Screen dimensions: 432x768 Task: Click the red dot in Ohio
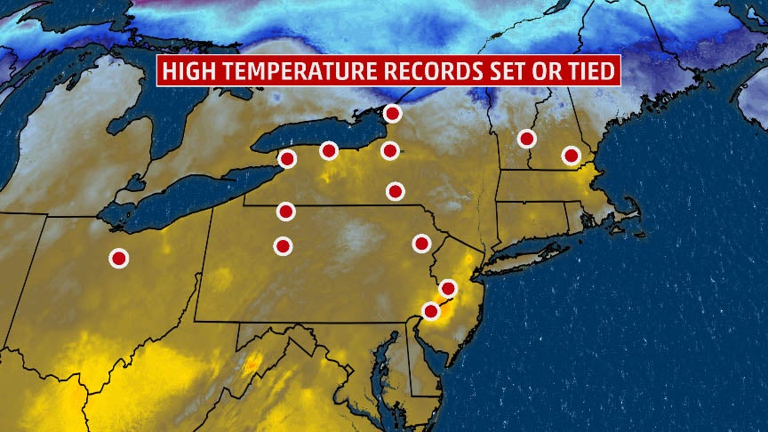(x=118, y=258)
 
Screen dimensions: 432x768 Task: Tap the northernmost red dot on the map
(x=392, y=113)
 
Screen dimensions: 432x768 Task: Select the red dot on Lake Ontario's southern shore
(x=329, y=151)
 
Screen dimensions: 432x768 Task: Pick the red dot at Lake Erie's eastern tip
(x=287, y=159)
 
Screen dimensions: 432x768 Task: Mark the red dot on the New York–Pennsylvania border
(x=285, y=211)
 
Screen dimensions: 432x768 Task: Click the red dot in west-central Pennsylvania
(x=283, y=245)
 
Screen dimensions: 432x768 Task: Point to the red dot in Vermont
(x=526, y=138)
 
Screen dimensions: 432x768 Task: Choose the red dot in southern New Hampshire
(x=571, y=156)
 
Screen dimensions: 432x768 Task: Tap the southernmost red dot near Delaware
(x=431, y=311)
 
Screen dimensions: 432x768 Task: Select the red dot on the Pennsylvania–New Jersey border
(x=448, y=288)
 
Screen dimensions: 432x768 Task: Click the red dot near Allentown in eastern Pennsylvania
(x=421, y=243)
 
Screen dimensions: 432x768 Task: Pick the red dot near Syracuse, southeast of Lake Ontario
(x=389, y=150)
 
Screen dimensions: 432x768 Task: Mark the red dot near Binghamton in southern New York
(x=396, y=190)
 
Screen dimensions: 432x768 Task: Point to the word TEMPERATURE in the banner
(x=299, y=72)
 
